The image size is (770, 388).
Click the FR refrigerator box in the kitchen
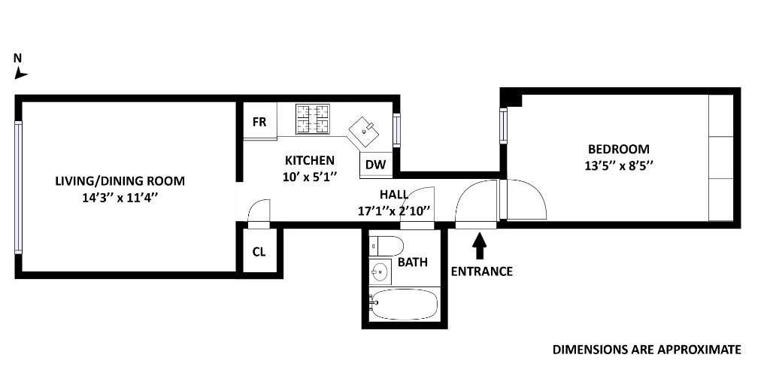[259, 121]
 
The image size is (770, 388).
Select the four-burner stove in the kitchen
[313, 119]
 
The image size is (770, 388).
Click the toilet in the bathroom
[386, 245]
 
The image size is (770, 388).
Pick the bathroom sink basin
[379, 271]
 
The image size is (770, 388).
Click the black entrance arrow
[479, 246]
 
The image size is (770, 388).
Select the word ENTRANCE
[481, 271]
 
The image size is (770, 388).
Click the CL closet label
[259, 252]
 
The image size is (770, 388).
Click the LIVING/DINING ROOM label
[120, 181]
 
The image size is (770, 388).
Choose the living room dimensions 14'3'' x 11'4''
[120, 199]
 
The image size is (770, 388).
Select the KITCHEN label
[309, 160]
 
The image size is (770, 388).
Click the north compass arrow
[21, 73]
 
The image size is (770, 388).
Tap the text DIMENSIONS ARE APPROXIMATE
[647, 350]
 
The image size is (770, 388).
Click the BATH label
[413, 262]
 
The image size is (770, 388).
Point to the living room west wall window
[18, 188]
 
